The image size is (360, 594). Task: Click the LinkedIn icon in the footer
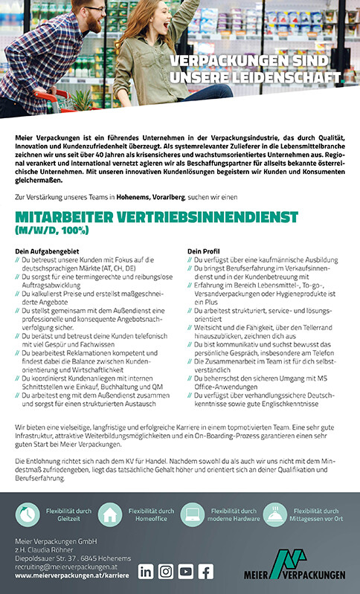[x=147, y=571]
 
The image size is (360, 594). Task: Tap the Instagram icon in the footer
[x=166, y=571]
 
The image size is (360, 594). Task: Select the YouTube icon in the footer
[x=185, y=571]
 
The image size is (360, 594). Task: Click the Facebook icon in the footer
[x=205, y=571]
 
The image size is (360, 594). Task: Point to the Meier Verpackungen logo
[x=295, y=564]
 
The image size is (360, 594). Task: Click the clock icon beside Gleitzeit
[x=28, y=514]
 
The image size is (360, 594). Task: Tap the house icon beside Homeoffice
[x=110, y=514]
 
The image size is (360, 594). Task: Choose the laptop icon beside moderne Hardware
[x=193, y=514]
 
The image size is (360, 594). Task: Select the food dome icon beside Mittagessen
[x=275, y=514]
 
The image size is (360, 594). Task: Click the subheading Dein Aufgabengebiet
[x=42, y=251]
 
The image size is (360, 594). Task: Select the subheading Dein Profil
[x=204, y=251]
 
